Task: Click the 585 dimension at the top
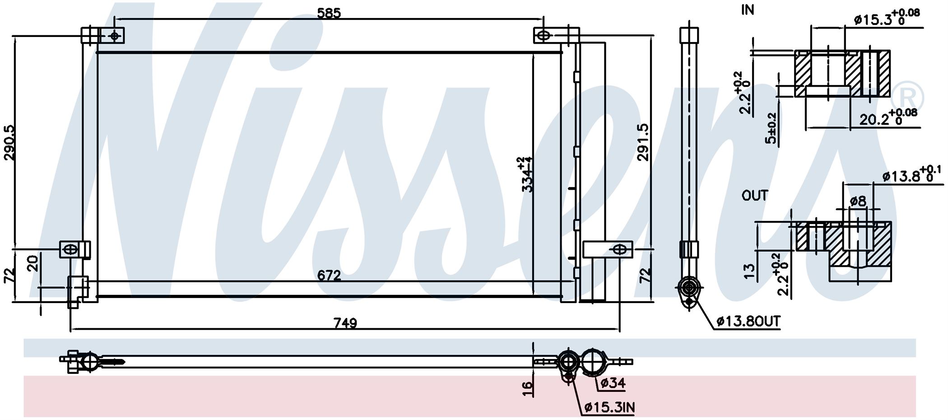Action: (329, 13)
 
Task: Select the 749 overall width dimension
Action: (345, 323)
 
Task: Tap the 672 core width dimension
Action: (329, 275)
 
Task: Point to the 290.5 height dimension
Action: (9, 143)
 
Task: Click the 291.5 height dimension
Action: (643, 142)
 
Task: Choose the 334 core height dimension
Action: (527, 174)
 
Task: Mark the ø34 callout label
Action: (613, 383)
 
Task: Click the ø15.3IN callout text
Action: (609, 407)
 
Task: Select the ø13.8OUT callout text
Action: (748, 321)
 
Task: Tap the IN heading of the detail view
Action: (748, 10)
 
